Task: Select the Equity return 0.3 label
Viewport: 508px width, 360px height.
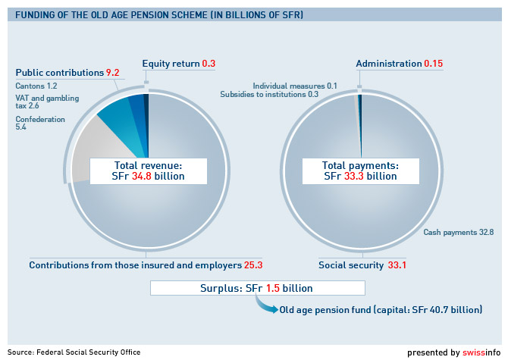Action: coord(179,64)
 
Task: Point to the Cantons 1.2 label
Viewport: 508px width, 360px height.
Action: coord(36,86)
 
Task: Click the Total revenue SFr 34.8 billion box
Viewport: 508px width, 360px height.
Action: coord(148,171)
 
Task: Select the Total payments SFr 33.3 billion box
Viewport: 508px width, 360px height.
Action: coord(360,171)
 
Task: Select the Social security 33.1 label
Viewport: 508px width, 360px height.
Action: coord(362,265)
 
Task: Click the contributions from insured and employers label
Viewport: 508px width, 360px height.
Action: coord(146,265)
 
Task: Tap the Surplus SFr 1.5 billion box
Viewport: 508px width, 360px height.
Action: coord(258,289)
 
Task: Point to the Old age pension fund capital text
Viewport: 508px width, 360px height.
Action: coord(380,310)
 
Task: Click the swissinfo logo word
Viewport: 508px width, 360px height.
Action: coord(482,352)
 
